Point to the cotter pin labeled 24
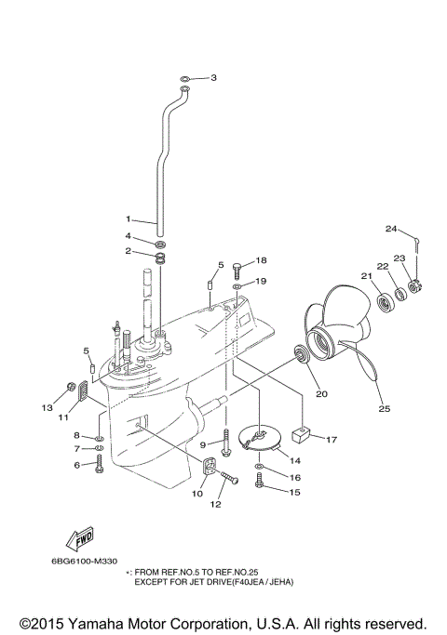pyautogui.click(x=421, y=245)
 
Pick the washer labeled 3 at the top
pyautogui.click(x=186, y=78)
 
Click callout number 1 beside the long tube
pyautogui.click(x=130, y=221)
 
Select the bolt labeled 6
pyautogui.click(x=100, y=461)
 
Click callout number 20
pyautogui.click(x=321, y=393)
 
